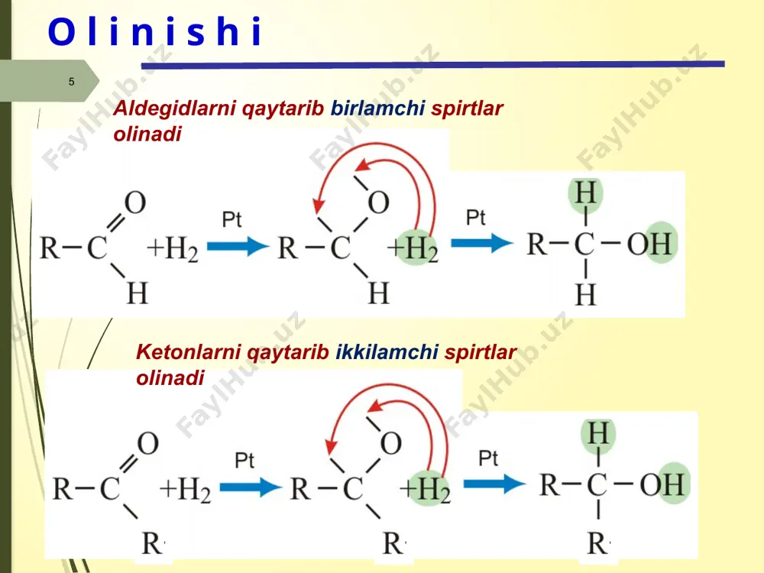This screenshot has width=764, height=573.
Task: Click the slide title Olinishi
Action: point(155,32)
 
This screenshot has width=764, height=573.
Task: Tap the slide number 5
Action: point(72,82)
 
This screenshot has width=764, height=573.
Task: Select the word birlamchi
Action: point(377,108)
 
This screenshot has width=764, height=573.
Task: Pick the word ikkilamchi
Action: point(387,351)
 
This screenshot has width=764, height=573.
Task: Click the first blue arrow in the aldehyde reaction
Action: point(238,246)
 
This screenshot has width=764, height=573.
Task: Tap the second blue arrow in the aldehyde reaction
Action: point(482,243)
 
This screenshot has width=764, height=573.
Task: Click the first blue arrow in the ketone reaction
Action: point(251,487)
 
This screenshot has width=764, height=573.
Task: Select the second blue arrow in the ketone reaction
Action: point(494,484)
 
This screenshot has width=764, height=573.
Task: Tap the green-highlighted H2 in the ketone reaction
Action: point(429,488)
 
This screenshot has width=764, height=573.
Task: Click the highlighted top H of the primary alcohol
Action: point(585,193)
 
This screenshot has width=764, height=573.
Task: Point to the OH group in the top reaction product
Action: point(652,243)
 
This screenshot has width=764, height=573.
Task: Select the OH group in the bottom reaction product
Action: point(664,484)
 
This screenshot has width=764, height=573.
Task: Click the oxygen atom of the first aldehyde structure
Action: point(135,202)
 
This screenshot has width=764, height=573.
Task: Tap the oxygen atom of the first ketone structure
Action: point(147,443)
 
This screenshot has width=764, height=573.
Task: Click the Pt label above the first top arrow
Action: point(231,219)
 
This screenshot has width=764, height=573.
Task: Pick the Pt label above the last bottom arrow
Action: point(488,458)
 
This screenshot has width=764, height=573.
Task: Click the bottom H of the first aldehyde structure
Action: point(137,293)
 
